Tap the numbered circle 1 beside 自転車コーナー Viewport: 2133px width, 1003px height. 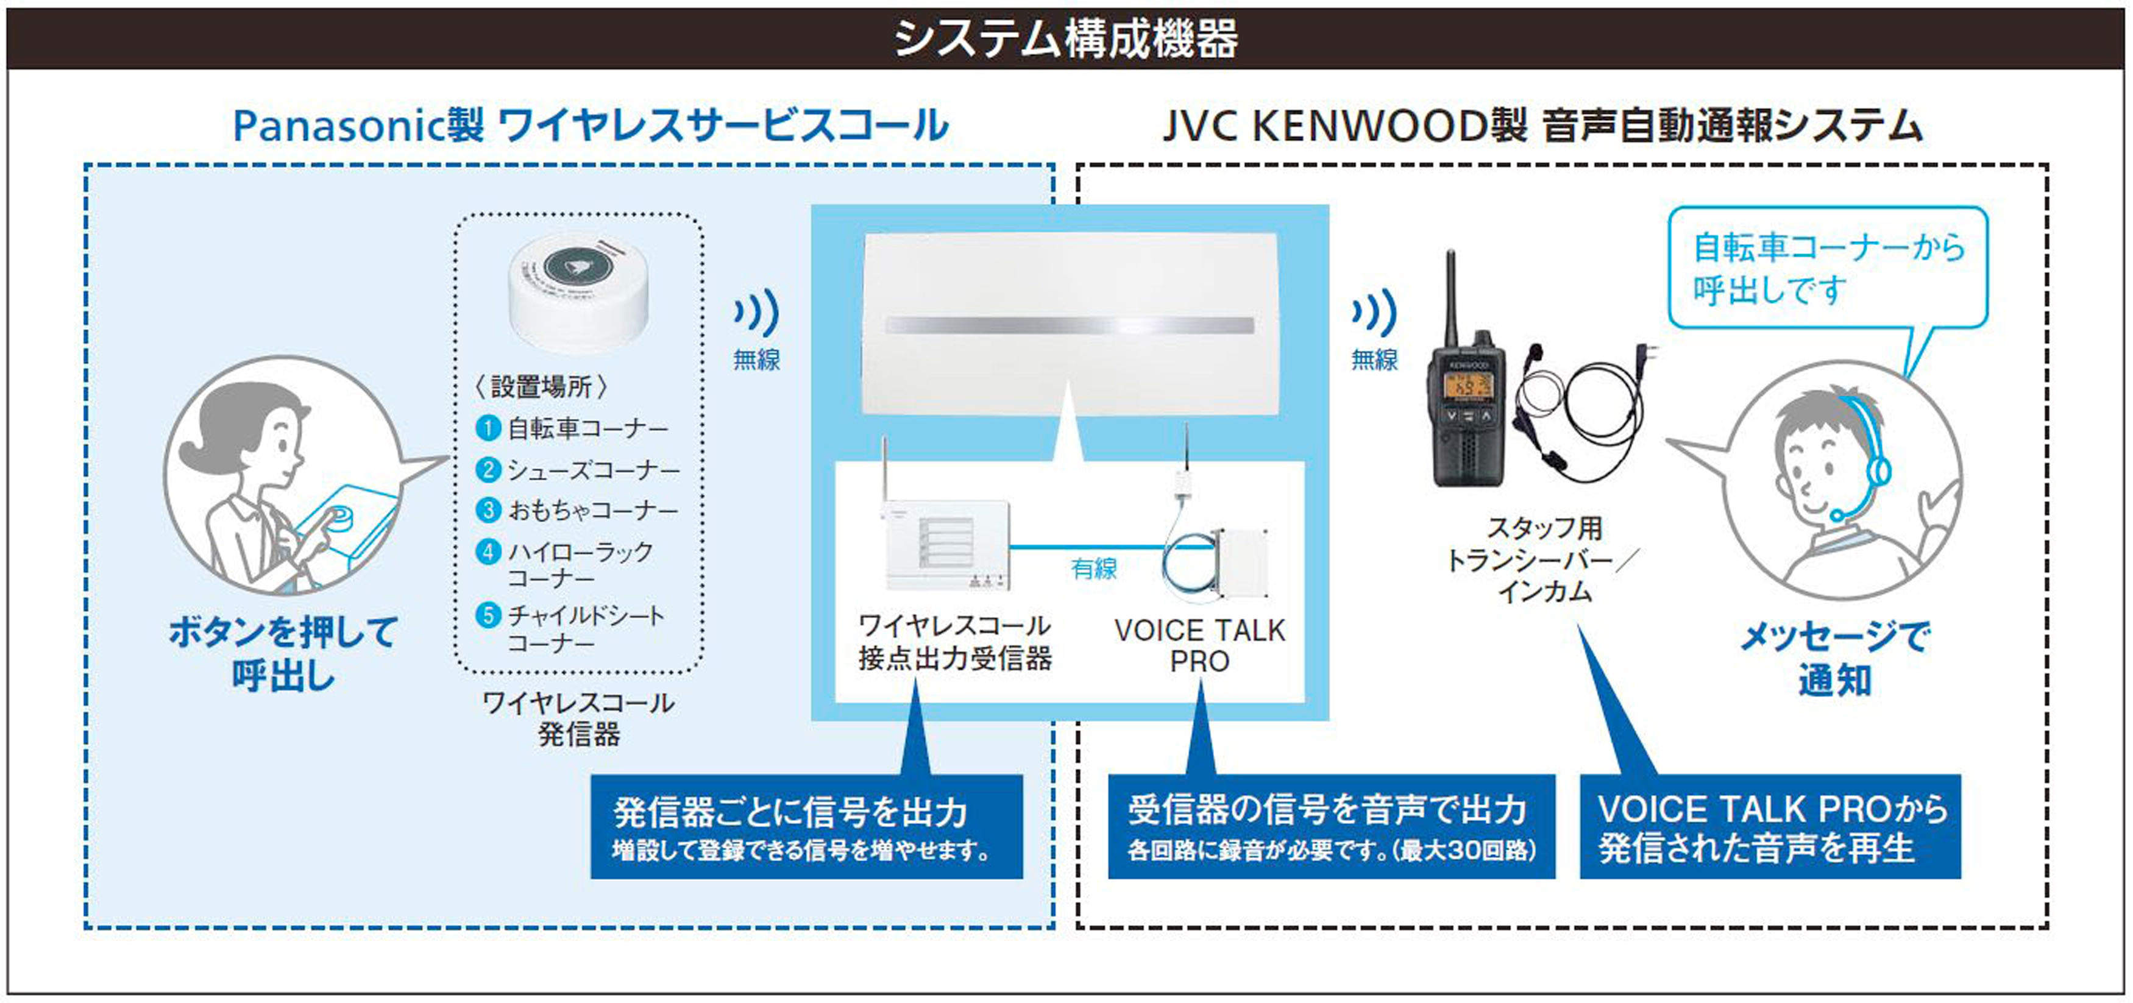click(488, 428)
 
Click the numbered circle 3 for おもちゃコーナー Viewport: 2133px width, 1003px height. click(488, 510)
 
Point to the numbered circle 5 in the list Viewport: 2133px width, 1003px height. click(488, 615)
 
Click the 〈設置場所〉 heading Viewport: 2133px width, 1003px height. click(542, 386)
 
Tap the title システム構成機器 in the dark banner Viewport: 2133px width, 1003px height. click(1066, 38)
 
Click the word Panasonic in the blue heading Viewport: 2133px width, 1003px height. click(339, 127)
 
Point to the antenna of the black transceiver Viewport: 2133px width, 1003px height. click(1450, 298)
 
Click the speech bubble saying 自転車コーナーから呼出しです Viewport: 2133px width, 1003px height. click(1828, 268)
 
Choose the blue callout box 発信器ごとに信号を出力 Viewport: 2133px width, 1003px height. click(806, 826)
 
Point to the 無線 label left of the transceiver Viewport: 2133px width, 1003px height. click(1374, 360)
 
